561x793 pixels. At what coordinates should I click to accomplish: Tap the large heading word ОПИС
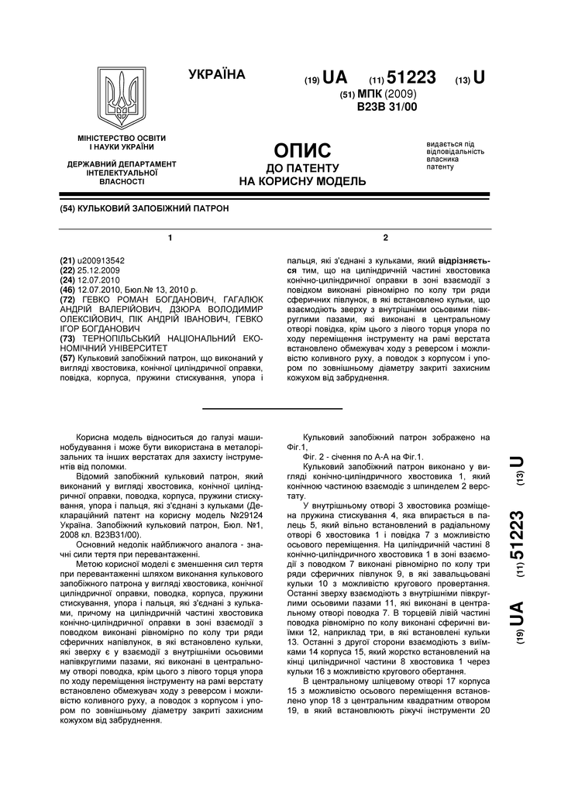(x=303, y=150)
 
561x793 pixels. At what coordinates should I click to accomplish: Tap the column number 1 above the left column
(x=170, y=236)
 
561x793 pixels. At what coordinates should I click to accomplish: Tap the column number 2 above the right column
(x=385, y=236)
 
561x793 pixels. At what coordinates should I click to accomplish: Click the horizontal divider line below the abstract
(x=273, y=408)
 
